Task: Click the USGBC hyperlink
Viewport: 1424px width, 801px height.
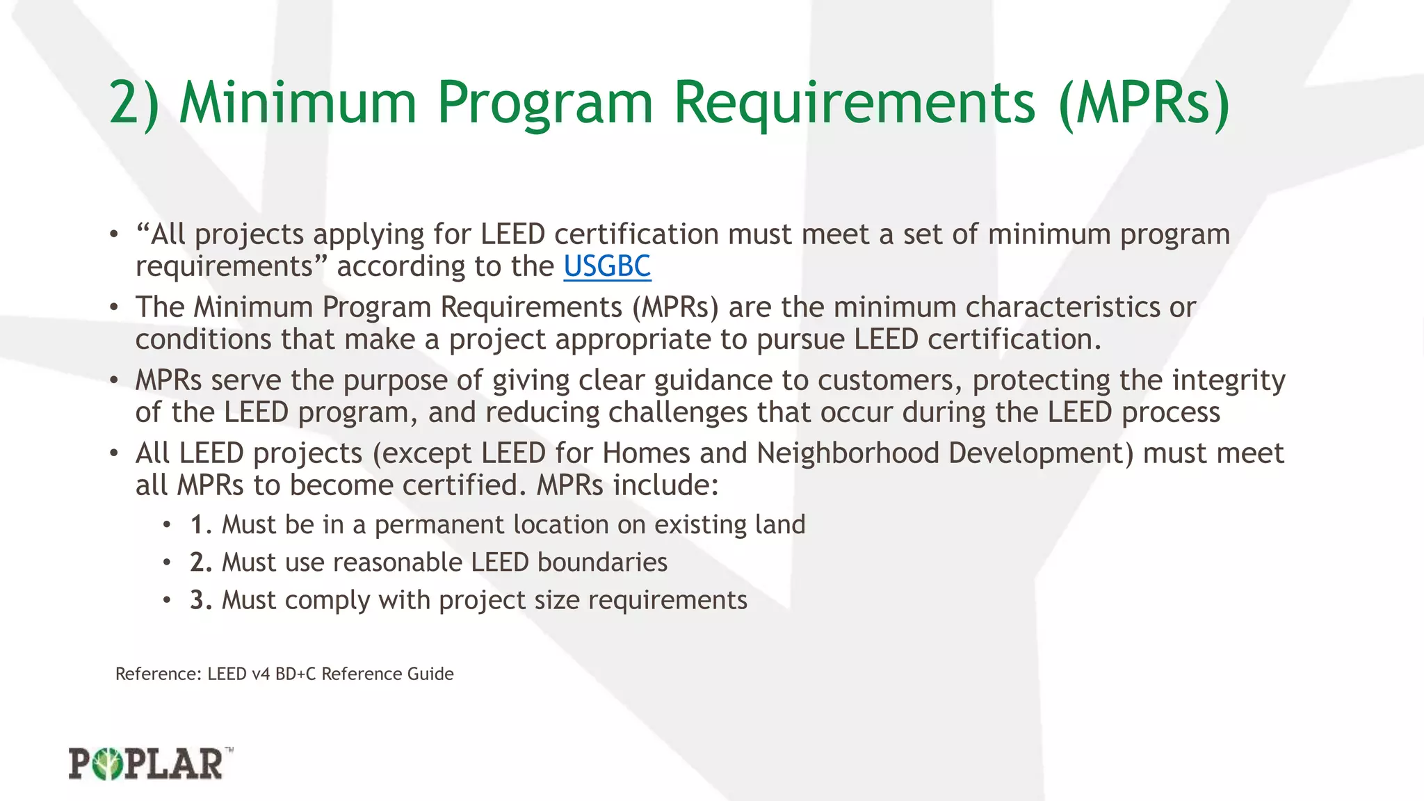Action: (607, 266)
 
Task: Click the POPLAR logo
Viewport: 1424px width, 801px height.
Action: (150, 763)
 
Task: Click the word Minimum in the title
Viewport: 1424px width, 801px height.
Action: (298, 103)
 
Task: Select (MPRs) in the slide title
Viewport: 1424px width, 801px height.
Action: (1144, 103)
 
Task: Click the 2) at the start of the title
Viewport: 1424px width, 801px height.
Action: (134, 103)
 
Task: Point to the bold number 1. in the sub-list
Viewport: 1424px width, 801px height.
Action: (201, 525)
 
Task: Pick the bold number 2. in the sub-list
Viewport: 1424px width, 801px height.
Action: (201, 563)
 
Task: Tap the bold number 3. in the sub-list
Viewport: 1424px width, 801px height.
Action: (201, 600)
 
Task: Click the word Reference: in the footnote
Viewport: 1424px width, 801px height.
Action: (159, 674)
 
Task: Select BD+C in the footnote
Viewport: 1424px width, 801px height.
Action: (296, 674)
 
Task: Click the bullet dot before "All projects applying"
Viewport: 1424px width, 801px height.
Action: (113, 235)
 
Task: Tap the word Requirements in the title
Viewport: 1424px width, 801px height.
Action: (855, 103)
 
